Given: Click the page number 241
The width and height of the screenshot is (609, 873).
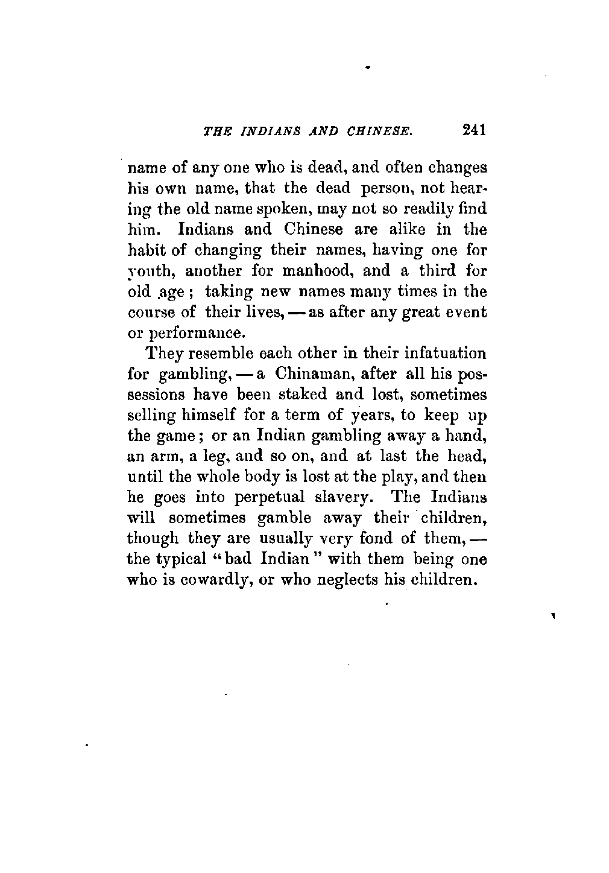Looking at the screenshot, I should point(473,130).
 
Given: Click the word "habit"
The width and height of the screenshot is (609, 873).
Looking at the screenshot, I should point(145,250).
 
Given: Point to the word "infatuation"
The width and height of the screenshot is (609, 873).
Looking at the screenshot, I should point(444,354).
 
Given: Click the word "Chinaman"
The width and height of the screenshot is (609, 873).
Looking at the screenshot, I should point(314,374).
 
